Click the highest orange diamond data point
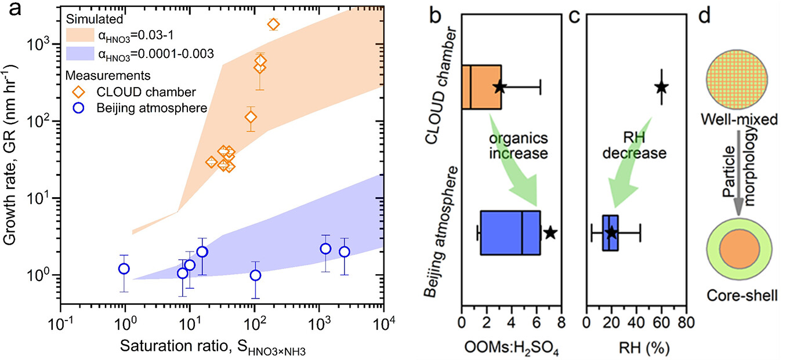(273, 24)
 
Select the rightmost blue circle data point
(345, 252)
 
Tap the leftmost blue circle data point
(124, 268)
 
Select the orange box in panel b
(481, 87)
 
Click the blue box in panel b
(510, 232)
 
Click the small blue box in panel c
(610, 232)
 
